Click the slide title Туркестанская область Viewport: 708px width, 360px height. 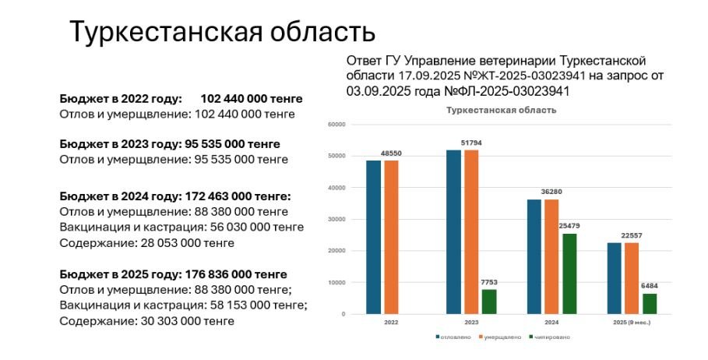pos(223,32)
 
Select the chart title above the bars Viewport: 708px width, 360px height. pos(501,111)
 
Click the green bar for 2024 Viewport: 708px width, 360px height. pos(570,274)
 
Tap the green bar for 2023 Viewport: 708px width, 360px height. pos(490,302)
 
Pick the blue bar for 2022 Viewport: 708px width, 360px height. pos(374,237)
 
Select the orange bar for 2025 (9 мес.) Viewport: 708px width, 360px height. pos(632,278)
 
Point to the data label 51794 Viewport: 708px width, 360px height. pos(473,143)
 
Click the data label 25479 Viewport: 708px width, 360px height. pos(570,226)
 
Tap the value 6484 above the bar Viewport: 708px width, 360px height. pos(650,286)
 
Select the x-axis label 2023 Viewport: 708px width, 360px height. pos(472,321)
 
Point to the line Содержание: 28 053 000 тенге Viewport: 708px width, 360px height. pos(146,243)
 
